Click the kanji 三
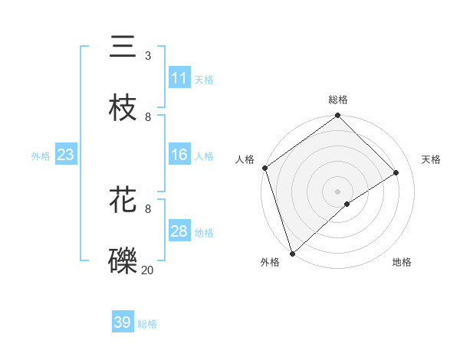tap(123, 47)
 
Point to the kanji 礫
tap(123, 260)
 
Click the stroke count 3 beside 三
tap(148, 56)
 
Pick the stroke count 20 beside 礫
tap(147, 270)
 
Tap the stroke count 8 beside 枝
tap(148, 117)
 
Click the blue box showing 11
tap(179, 78)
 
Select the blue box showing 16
tap(179, 155)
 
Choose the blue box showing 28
tap(179, 231)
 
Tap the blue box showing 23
tap(66, 155)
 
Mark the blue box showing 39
tap(123, 322)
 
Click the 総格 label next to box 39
tap(147, 324)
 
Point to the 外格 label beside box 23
tap(41, 155)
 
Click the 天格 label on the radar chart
tap(431, 159)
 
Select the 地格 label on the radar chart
tap(402, 262)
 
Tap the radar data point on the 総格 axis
tap(337, 116)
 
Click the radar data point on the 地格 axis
tap(347, 204)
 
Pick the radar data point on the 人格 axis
tap(264, 168)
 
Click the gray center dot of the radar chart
tap(337, 191)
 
